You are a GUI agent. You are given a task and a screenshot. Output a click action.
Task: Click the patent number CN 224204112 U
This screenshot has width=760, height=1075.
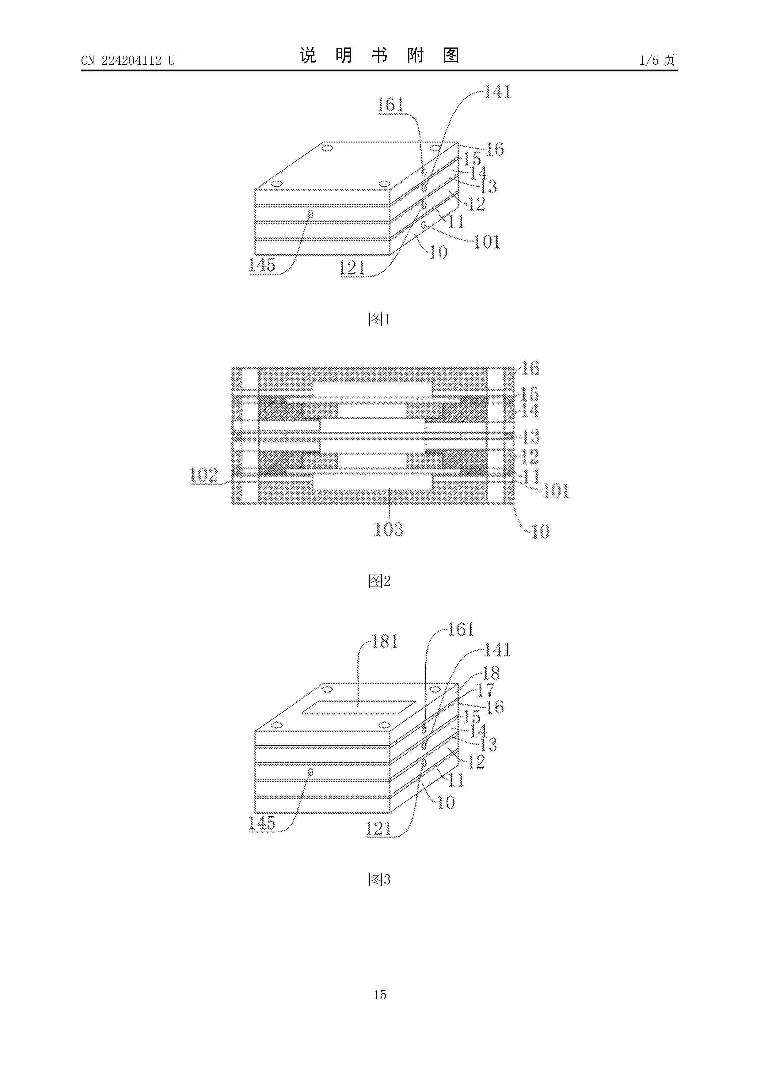click(127, 60)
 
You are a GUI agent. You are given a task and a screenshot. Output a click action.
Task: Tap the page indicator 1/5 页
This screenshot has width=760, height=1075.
click(657, 60)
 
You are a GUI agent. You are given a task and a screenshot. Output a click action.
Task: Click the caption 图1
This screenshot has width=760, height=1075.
click(379, 319)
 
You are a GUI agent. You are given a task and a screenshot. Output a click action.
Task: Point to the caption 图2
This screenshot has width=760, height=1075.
click(379, 581)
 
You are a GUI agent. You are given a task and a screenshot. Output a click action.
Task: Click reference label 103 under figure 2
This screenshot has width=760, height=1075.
click(388, 529)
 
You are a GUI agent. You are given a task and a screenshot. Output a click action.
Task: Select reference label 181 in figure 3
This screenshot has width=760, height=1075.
click(385, 641)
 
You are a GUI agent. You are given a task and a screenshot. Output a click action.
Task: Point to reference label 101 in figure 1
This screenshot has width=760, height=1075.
click(487, 242)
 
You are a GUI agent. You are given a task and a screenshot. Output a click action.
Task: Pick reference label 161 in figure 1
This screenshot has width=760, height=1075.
click(390, 104)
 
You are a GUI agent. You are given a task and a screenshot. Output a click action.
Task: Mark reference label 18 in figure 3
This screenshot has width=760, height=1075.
click(491, 673)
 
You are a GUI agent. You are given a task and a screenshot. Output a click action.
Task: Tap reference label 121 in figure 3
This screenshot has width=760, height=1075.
click(378, 829)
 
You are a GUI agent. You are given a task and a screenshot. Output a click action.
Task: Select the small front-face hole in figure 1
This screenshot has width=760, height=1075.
click(310, 214)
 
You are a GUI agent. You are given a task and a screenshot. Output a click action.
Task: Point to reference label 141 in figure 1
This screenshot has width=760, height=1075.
click(497, 92)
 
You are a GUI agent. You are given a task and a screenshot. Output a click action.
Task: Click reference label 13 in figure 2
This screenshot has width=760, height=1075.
click(531, 436)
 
